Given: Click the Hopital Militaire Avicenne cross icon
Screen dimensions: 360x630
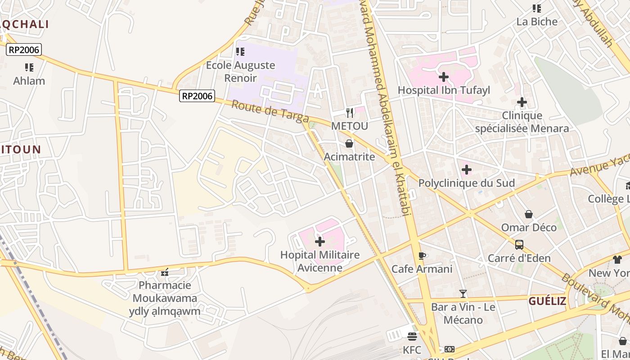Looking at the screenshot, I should click(x=319, y=242).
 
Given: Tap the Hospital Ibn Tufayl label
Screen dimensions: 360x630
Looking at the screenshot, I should click(x=444, y=90).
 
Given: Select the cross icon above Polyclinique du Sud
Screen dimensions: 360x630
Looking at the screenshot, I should click(x=467, y=170).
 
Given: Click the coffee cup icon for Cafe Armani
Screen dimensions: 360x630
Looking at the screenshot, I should click(x=422, y=256).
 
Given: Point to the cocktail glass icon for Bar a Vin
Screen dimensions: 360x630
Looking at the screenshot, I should click(x=463, y=294).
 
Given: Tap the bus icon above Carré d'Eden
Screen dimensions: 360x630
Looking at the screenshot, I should click(x=519, y=245).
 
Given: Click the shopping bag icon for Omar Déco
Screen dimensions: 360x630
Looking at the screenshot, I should click(x=529, y=214).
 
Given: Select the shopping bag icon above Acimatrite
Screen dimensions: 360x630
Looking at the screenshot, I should click(x=349, y=144).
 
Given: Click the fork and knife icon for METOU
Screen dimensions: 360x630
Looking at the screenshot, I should click(x=349, y=112).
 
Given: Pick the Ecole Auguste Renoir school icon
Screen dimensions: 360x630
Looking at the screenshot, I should click(x=240, y=52).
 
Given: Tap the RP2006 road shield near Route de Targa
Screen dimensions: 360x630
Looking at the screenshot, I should click(x=197, y=96).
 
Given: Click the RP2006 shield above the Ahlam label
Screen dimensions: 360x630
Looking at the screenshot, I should click(x=24, y=49).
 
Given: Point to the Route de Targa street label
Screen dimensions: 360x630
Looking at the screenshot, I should click(x=270, y=111).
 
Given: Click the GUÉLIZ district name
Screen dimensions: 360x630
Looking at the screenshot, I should click(x=547, y=301).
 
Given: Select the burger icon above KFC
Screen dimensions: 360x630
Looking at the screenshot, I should click(x=412, y=336).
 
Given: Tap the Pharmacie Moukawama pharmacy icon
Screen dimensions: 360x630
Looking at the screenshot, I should click(x=165, y=272).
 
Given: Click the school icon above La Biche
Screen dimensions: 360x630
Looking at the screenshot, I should click(x=536, y=8).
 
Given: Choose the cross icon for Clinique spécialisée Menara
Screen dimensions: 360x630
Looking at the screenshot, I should click(x=522, y=103).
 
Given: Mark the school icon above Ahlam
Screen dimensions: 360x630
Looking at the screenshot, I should click(x=29, y=67).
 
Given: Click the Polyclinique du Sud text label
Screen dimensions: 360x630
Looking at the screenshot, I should click(x=467, y=183).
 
